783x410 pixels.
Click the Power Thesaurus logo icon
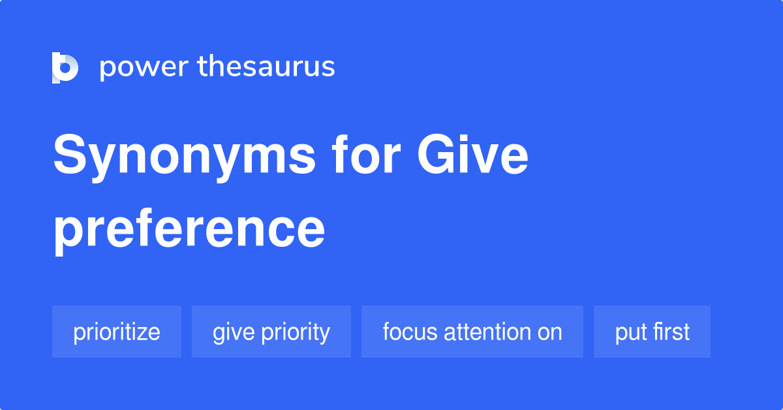coord(65,67)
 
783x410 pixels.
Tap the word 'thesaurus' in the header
coord(266,67)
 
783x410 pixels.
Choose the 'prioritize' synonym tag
coord(117,332)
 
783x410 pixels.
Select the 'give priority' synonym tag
coord(271,332)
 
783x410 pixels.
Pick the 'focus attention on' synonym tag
coord(472,332)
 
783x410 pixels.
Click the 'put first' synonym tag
coord(652,332)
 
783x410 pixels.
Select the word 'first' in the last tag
coord(669,332)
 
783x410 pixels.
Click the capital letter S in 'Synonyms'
coord(70,157)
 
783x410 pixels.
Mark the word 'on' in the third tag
coord(549,332)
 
